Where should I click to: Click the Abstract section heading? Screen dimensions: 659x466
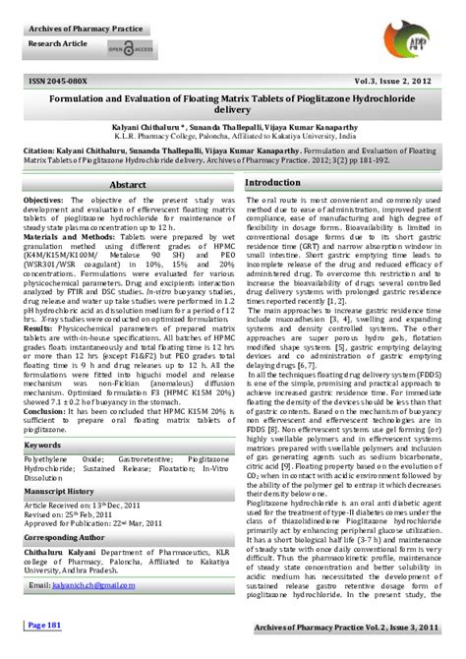pyautogui.click(x=128, y=185)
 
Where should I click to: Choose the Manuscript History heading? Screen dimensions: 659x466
pyautogui.click(x=60, y=490)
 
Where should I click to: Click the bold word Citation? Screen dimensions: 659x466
pyautogui.click(x=44, y=151)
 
